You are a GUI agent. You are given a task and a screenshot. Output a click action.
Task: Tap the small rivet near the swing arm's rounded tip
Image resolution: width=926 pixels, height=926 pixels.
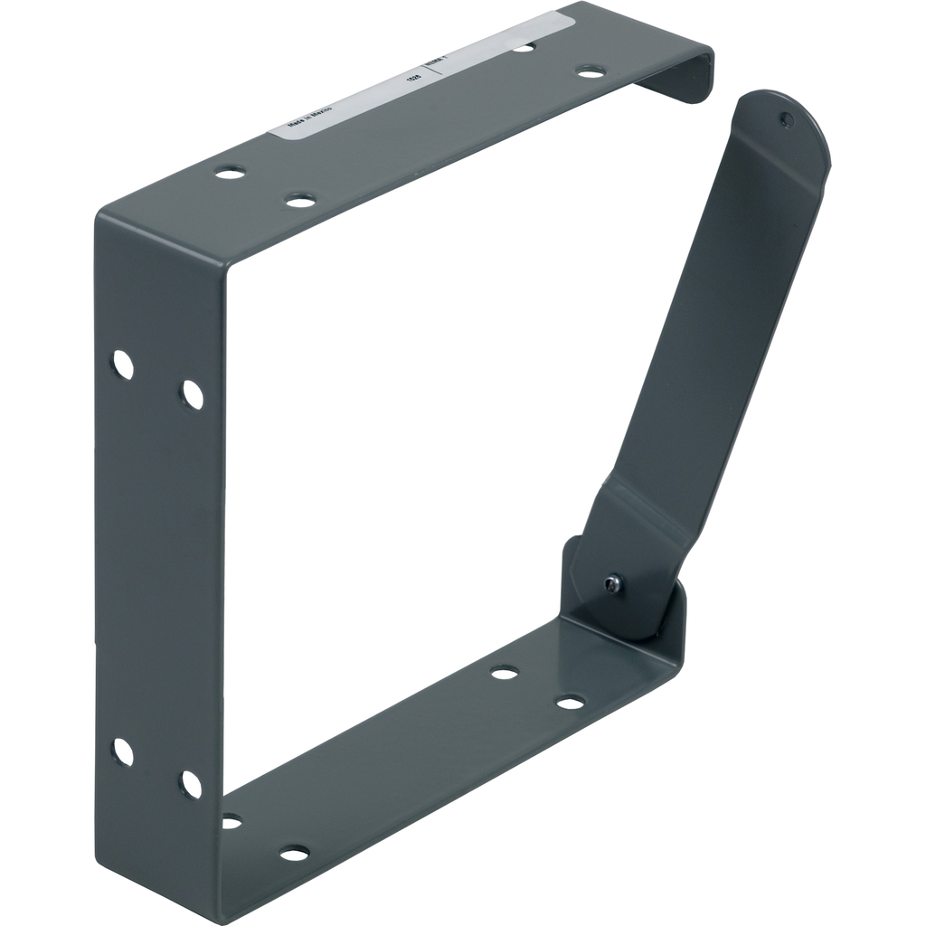tap(787, 118)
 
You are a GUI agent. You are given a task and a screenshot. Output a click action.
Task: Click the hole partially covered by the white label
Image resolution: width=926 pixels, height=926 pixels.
tap(524, 46)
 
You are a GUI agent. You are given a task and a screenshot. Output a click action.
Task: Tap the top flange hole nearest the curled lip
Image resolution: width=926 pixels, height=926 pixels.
tap(591, 71)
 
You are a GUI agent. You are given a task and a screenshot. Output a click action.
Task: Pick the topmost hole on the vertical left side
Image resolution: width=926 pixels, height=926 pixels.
tap(122, 364)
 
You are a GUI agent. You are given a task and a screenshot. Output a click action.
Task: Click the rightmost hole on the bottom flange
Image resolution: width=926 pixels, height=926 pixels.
tap(570, 702)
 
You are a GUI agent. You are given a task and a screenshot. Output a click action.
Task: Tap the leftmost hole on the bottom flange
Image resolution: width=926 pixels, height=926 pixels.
tap(231, 821)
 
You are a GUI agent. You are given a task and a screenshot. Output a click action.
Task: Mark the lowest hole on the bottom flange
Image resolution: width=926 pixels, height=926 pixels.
tap(294, 853)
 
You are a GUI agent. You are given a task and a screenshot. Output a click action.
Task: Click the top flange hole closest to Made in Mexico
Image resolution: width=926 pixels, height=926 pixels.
tap(230, 172)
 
